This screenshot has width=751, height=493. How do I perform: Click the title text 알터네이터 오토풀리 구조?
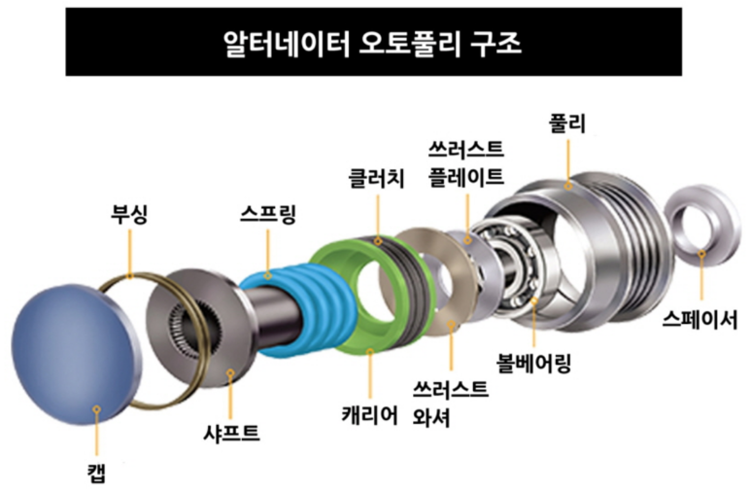click(375, 44)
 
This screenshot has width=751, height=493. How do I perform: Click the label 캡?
click(94, 474)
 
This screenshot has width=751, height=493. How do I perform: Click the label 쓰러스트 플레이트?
click(466, 163)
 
